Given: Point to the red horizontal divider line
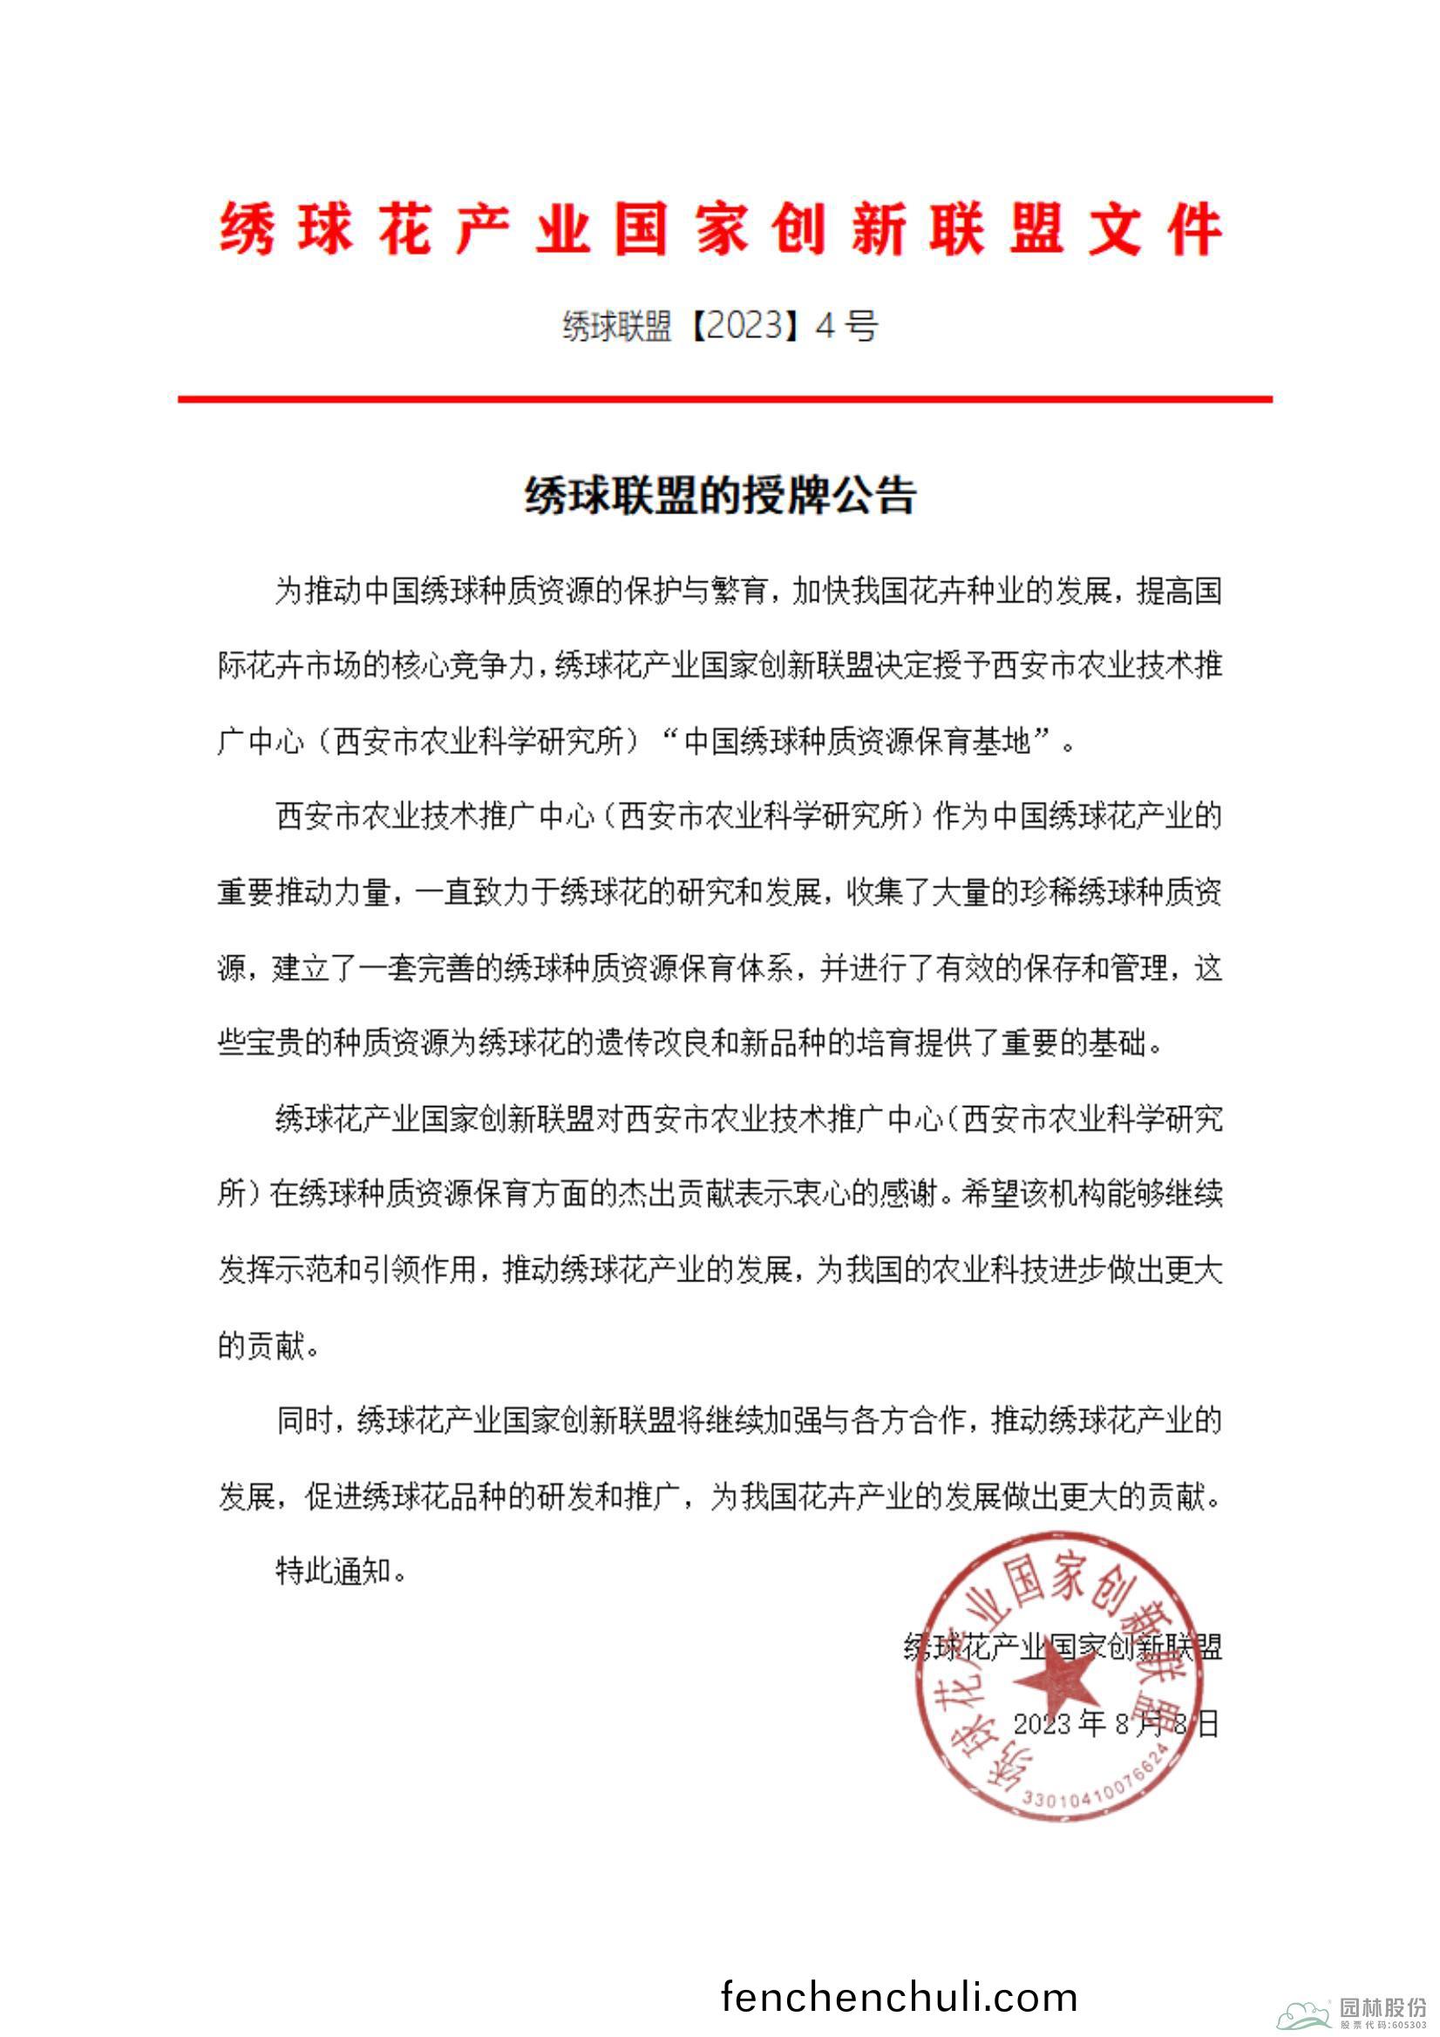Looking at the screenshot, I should point(725,399).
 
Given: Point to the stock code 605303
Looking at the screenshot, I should point(1409,2026).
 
